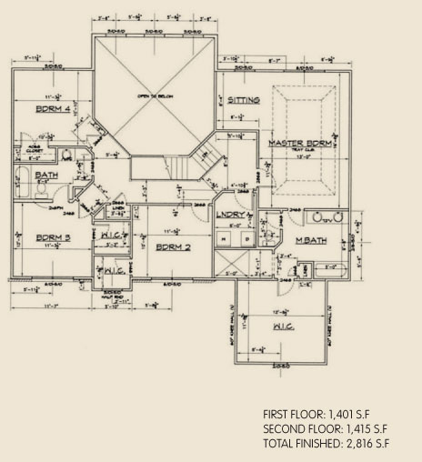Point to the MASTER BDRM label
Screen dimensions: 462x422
[297, 144]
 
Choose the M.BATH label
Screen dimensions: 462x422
[310, 241]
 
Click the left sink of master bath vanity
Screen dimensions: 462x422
[317, 218]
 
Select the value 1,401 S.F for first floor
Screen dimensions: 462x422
[359, 414]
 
